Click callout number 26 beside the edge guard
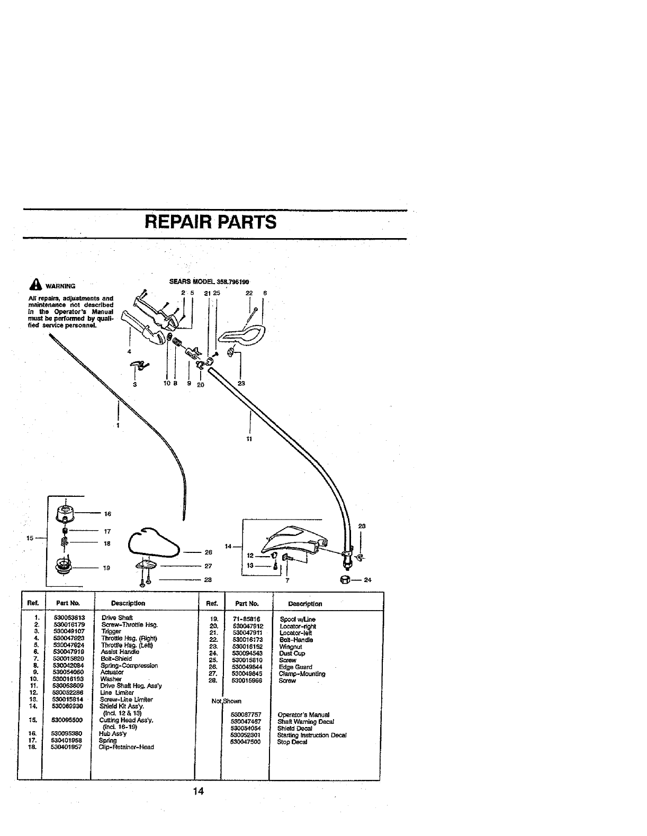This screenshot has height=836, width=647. tap(208, 552)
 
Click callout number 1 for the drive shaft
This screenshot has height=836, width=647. tap(118, 425)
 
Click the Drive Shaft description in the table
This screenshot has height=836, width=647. tap(117, 617)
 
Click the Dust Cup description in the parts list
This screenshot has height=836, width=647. tap(292, 653)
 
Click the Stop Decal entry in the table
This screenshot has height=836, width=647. tap(292, 742)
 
